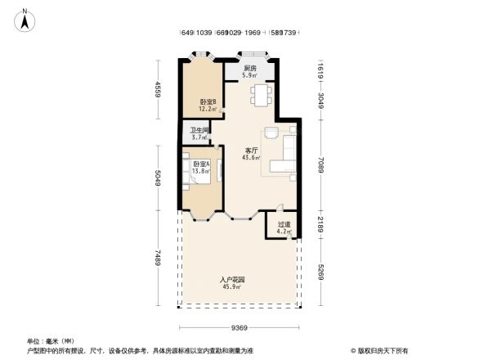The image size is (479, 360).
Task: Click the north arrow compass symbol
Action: pyautogui.click(x=25, y=19)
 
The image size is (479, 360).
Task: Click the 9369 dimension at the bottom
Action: pyautogui.click(x=239, y=327)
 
